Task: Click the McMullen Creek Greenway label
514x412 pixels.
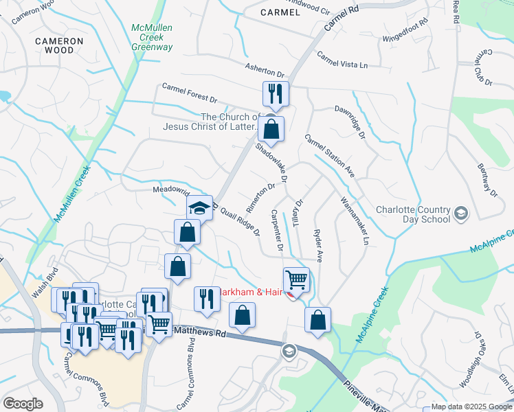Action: tap(152, 37)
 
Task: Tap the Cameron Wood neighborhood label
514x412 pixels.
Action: tap(60, 46)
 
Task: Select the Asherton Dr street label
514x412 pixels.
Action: tap(265, 69)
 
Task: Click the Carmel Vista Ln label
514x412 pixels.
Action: tap(342, 60)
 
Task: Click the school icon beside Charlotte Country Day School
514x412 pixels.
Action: tap(462, 214)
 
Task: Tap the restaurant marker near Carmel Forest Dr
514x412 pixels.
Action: tap(276, 94)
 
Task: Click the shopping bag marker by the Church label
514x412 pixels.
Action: tap(272, 130)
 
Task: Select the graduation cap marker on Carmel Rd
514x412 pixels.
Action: tap(199, 208)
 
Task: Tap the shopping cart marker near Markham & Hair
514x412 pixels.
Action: tap(296, 280)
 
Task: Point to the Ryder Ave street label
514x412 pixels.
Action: tap(318, 244)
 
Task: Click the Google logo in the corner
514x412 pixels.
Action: tap(23, 404)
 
